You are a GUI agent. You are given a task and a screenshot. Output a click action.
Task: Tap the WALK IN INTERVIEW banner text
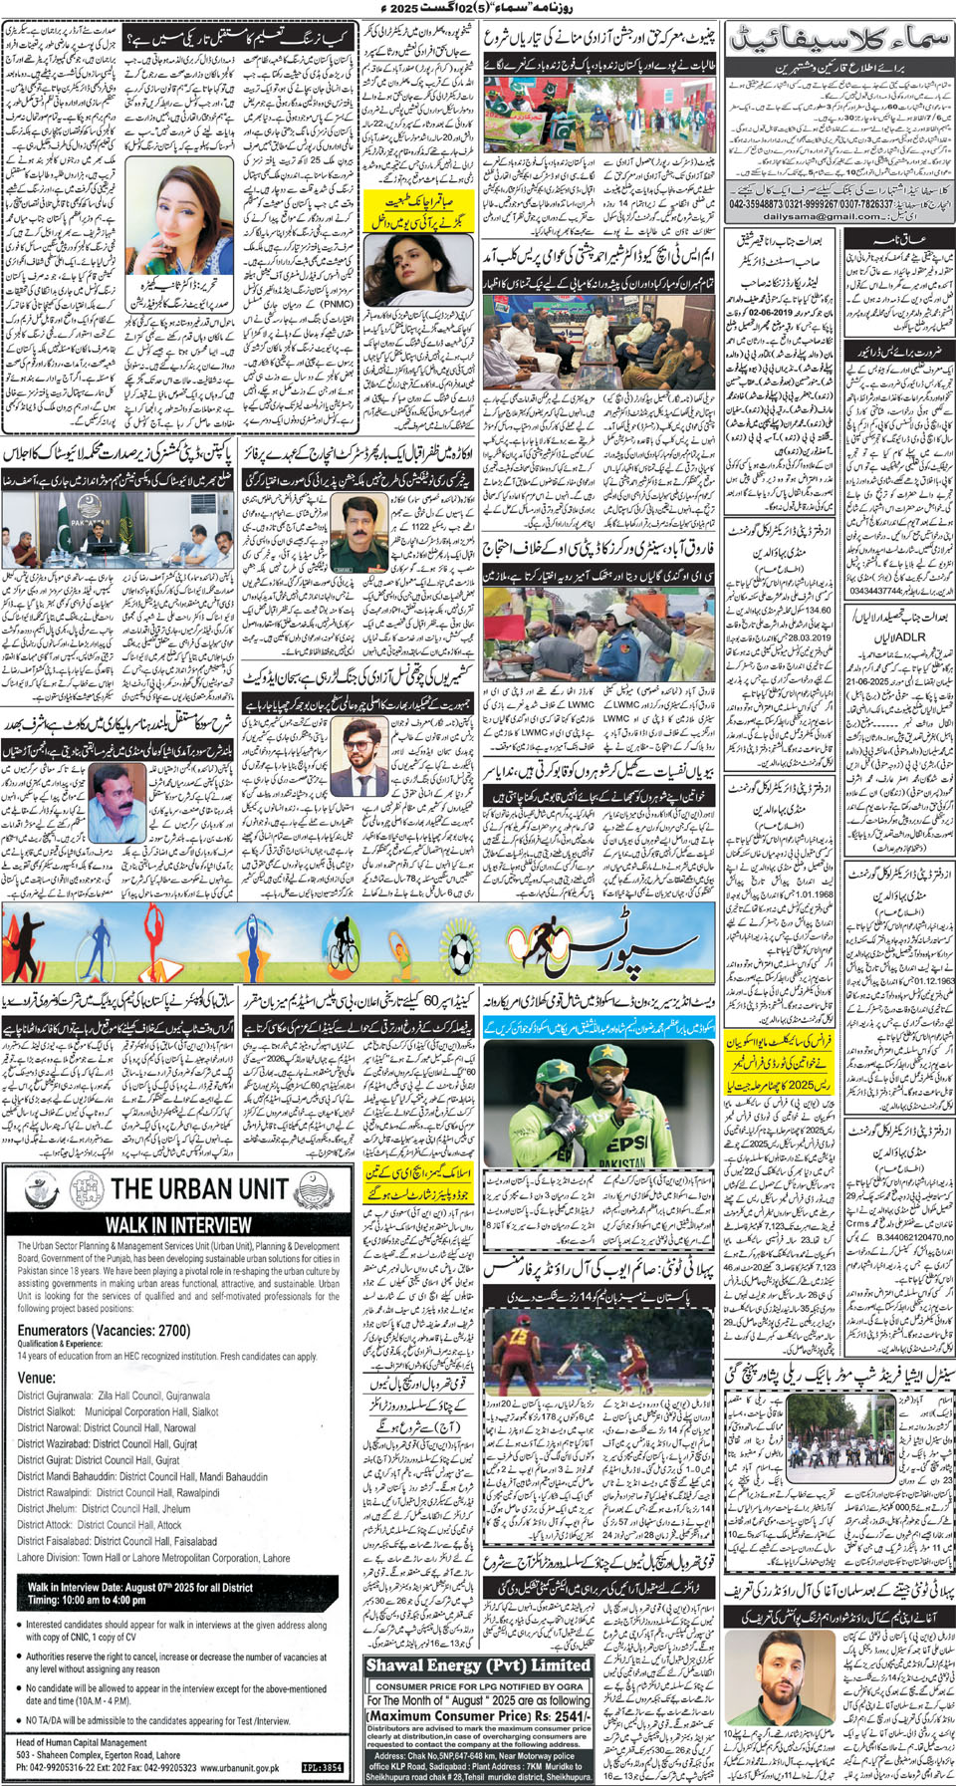178,1225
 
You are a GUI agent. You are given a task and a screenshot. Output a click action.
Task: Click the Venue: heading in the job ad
36,1378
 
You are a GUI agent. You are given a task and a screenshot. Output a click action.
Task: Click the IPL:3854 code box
322,1768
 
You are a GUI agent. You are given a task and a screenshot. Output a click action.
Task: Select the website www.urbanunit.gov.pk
239,1768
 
